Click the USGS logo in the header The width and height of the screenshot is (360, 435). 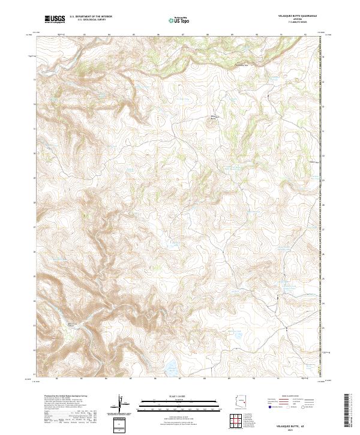coord(55,19)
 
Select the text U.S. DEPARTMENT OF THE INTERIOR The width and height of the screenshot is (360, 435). coord(89,17)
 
